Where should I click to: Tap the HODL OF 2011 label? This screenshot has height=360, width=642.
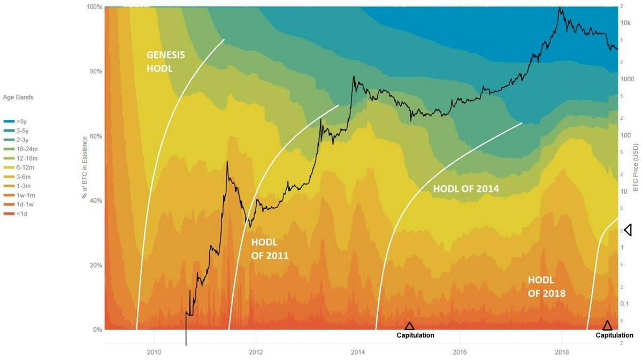click(x=270, y=248)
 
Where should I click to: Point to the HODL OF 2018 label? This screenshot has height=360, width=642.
click(x=546, y=286)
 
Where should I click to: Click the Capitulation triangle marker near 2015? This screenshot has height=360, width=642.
click(x=409, y=326)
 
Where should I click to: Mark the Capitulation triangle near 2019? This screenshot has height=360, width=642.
click(x=607, y=325)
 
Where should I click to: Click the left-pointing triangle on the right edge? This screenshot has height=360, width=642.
click(x=628, y=230)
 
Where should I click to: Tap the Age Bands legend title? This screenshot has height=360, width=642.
click(x=18, y=97)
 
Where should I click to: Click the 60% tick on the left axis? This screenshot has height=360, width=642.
click(x=95, y=136)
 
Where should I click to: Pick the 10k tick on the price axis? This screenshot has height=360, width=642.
click(x=625, y=23)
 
